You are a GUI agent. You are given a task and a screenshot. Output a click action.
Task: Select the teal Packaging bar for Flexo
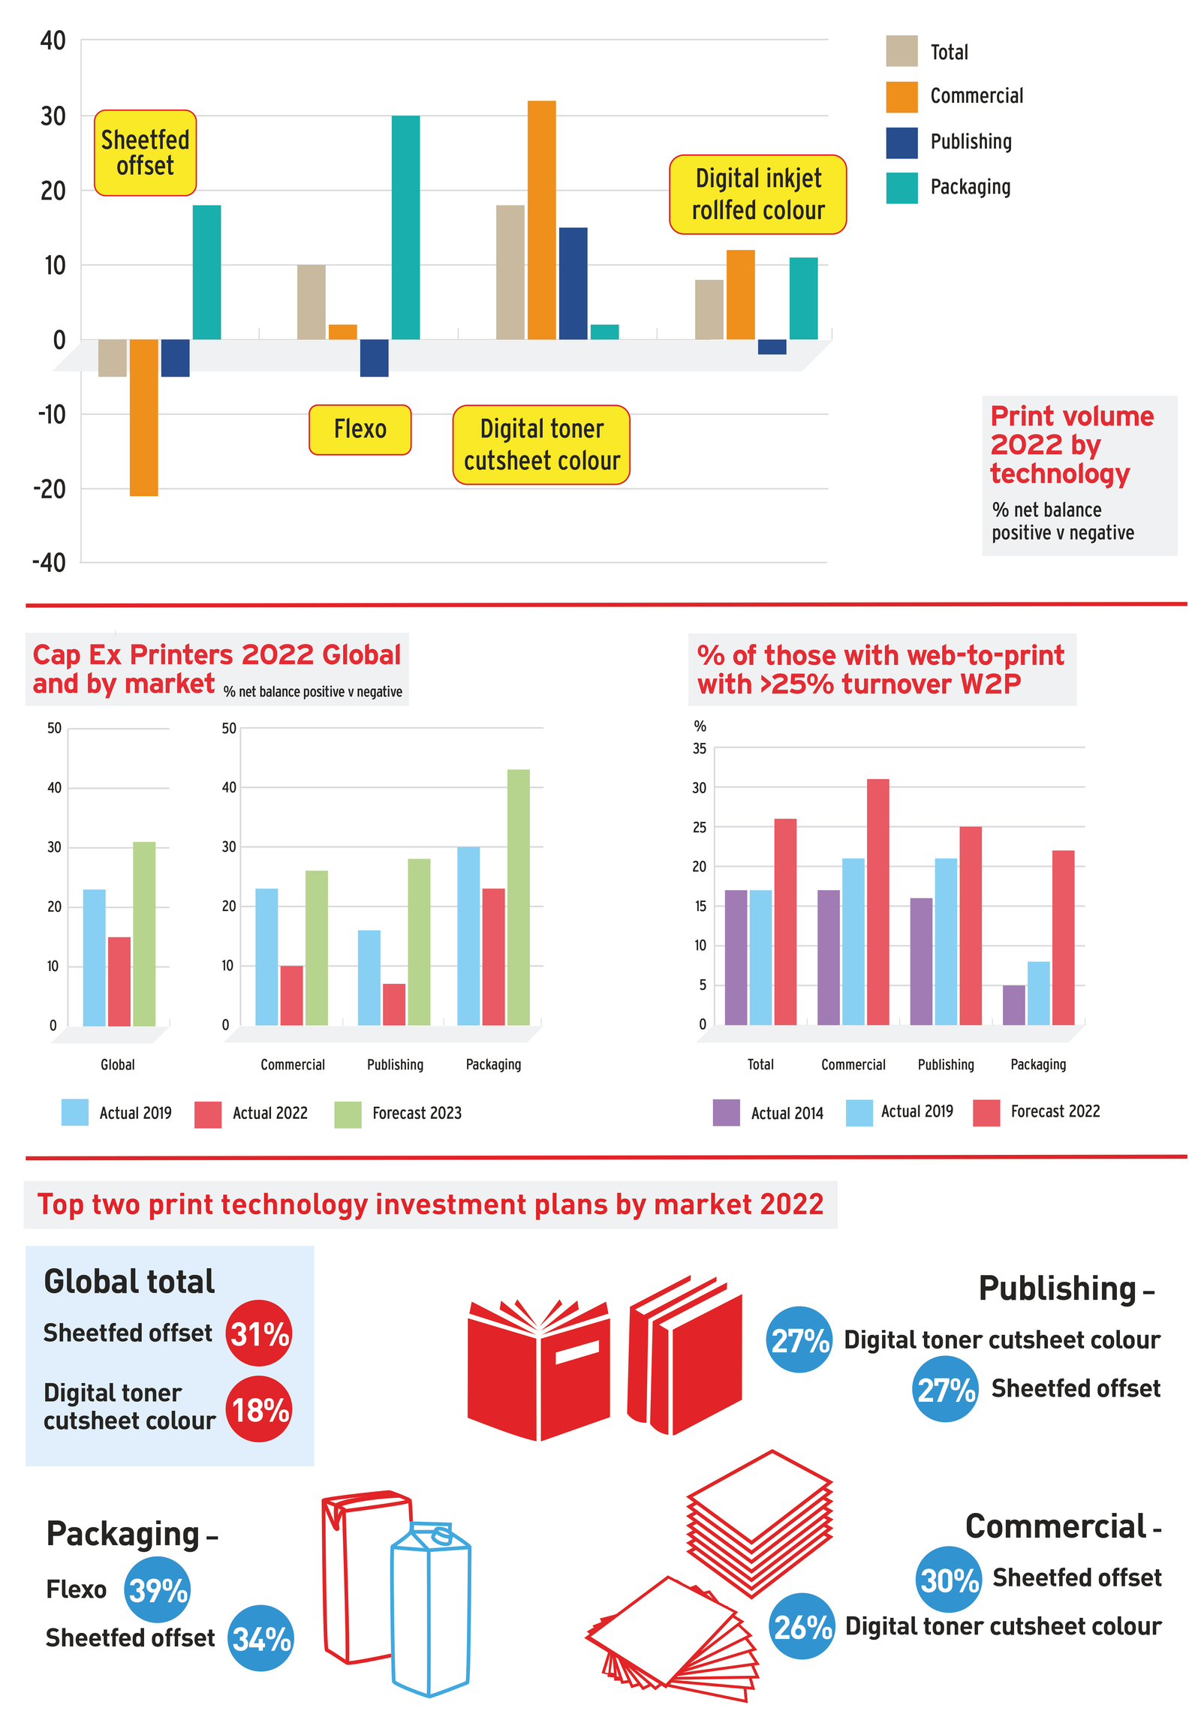point(405,227)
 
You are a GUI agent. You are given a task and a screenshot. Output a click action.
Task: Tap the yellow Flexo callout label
point(360,429)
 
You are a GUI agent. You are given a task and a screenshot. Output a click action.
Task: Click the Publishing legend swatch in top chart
point(901,143)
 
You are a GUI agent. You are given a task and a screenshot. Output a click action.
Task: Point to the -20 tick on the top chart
point(50,489)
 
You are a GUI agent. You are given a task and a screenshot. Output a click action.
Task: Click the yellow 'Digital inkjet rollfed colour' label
point(757,194)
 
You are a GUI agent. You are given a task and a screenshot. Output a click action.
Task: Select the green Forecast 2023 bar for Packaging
point(518,897)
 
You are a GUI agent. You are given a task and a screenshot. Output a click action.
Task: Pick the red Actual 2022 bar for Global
point(119,981)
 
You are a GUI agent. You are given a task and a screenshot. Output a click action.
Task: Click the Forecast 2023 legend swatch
point(348,1114)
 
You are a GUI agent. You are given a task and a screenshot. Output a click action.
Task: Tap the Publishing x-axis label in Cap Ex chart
point(395,1064)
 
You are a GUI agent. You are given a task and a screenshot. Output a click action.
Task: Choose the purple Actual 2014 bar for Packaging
point(1013,1005)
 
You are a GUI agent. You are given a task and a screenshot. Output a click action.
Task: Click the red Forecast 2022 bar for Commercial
point(877,901)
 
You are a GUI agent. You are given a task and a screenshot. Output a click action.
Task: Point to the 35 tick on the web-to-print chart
point(700,748)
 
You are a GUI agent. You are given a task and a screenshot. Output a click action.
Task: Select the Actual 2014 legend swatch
point(726,1113)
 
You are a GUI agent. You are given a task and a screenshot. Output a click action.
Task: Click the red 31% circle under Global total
point(259,1334)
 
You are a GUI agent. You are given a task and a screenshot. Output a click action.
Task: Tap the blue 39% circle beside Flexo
point(158,1589)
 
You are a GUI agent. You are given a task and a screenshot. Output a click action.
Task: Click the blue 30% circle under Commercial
point(949,1579)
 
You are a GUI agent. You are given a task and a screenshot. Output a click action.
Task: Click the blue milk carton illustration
point(430,1608)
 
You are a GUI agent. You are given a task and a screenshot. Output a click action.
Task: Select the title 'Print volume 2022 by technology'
point(1071,444)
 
